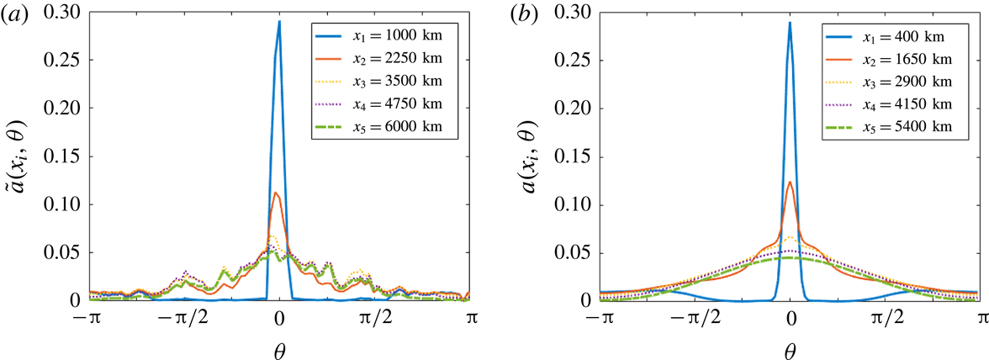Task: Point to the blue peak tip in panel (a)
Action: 279,22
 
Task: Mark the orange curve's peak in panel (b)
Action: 790,183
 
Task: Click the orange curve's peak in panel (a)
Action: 277,193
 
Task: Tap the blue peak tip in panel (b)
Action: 790,23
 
